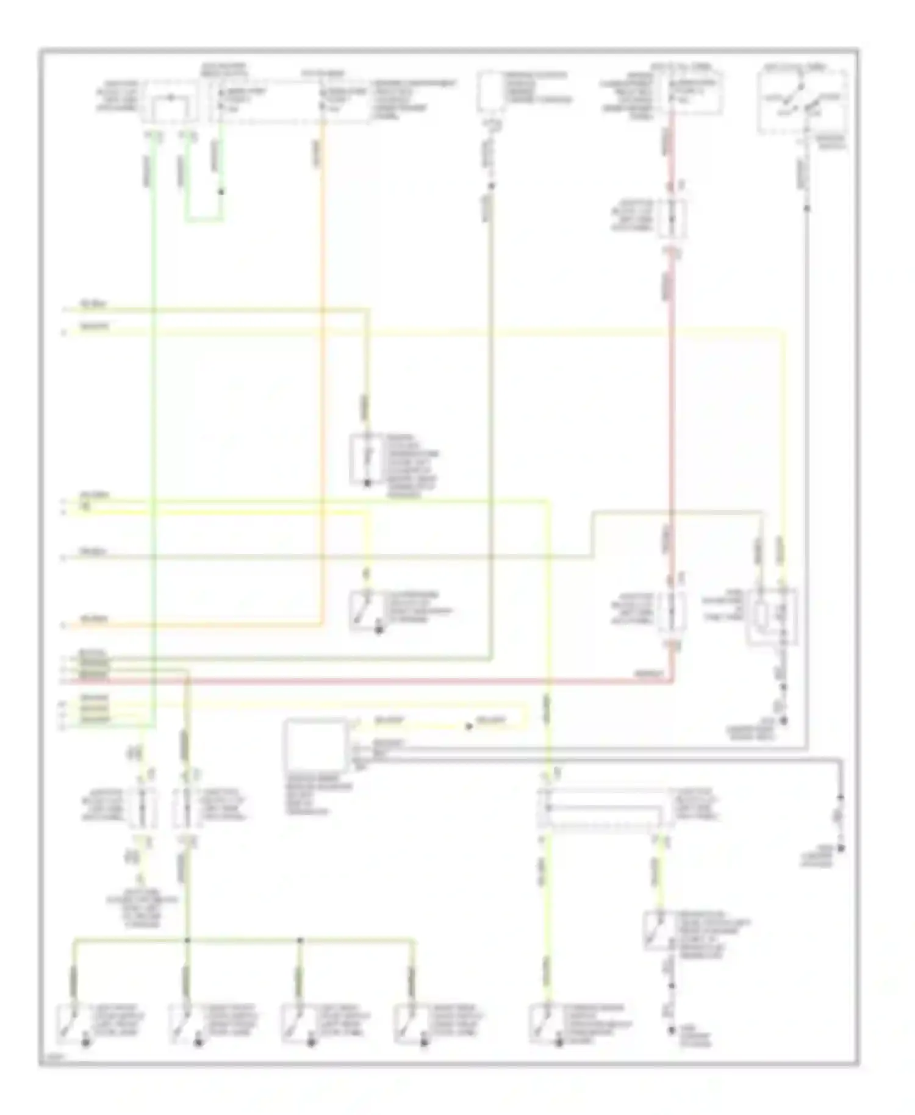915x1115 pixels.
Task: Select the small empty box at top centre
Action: click(x=492, y=91)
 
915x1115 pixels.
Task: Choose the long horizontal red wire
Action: click(x=366, y=681)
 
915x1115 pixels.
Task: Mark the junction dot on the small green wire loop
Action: click(x=221, y=192)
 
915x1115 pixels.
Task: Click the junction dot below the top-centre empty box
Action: click(x=492, y=186)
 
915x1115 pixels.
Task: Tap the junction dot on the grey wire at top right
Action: click(x=807, y=209)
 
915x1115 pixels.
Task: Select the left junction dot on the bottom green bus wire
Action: click(x=187, y=941)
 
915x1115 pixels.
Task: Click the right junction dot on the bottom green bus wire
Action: click(x=300, y=941)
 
